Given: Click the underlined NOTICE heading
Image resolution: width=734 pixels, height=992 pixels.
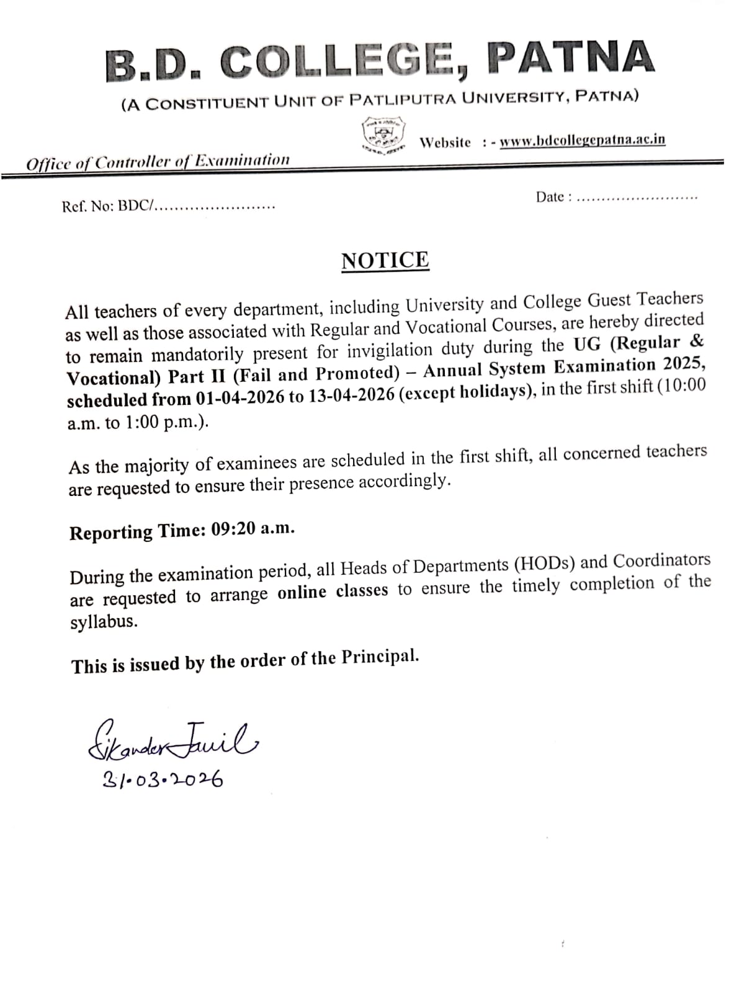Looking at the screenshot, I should coord(385,260).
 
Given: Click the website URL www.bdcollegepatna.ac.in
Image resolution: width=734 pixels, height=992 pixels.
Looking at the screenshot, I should coord(582,140).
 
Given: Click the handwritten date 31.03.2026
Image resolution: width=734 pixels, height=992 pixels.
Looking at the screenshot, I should coord(163,779).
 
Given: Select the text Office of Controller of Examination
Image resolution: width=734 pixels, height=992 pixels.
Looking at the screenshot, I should coord(158,162).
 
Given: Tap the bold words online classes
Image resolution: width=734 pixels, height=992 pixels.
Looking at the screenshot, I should coord(333,592).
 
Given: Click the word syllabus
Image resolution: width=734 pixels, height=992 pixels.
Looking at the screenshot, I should coord(104,622).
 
